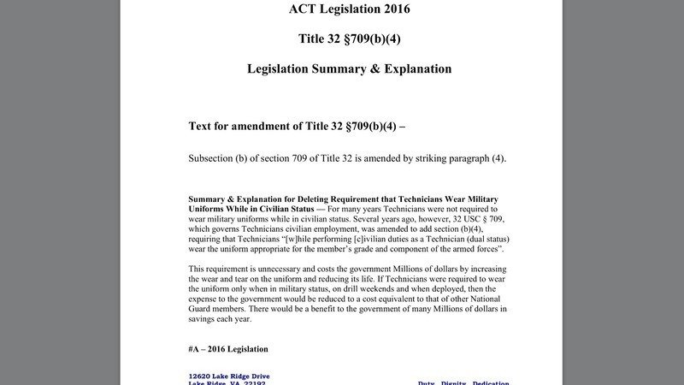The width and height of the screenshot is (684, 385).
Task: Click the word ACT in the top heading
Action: [305, 10]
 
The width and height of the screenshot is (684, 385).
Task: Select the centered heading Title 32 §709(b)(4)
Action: [349, 38]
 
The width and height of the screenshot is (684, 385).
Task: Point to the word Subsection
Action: [215, 157]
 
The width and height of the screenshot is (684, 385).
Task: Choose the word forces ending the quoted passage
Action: [486, 249]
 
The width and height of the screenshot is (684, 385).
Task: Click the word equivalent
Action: [404, 299]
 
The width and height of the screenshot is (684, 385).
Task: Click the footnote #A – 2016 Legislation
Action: [228, 349]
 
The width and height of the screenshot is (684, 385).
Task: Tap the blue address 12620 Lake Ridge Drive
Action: [229, 376]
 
